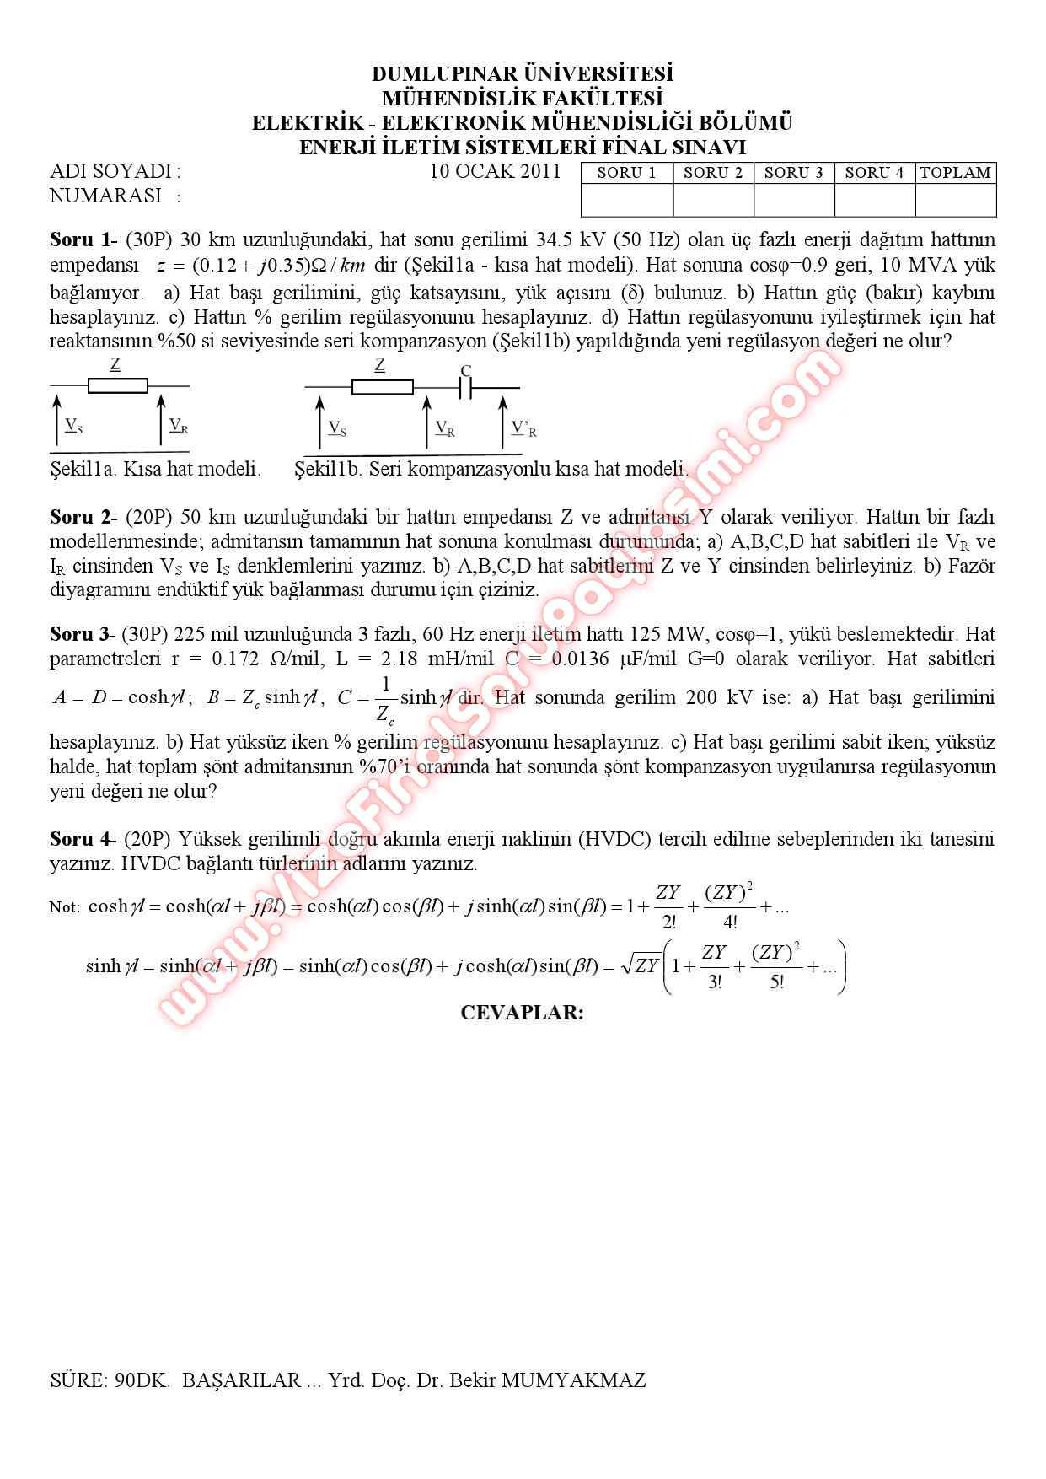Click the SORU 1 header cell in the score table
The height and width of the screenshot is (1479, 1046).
pyautogui.click(x=626, y=173)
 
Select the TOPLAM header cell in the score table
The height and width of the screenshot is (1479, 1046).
pyautogui.click(x=955, y=173)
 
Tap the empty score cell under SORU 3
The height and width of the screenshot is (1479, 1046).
pyautogui.click(x=793, y=201)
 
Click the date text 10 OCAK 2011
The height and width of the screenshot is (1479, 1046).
pyautogui.click(x=495, y=171)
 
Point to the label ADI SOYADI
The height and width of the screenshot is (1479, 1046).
pyautogui.click(x=115, y=172)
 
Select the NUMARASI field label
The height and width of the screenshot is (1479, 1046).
pyautogui.click(x=106, y=196)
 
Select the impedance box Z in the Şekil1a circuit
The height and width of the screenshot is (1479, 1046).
pyautogui.click(x=117, y=386)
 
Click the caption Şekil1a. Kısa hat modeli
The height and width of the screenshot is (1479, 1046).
pyautogui.click(x=155, y=469)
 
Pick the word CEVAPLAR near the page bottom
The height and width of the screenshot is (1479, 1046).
pyautogui.click(x=522, y=1013)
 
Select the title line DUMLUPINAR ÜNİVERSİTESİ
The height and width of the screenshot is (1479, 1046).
pyautogui.click(x=523, y=74)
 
